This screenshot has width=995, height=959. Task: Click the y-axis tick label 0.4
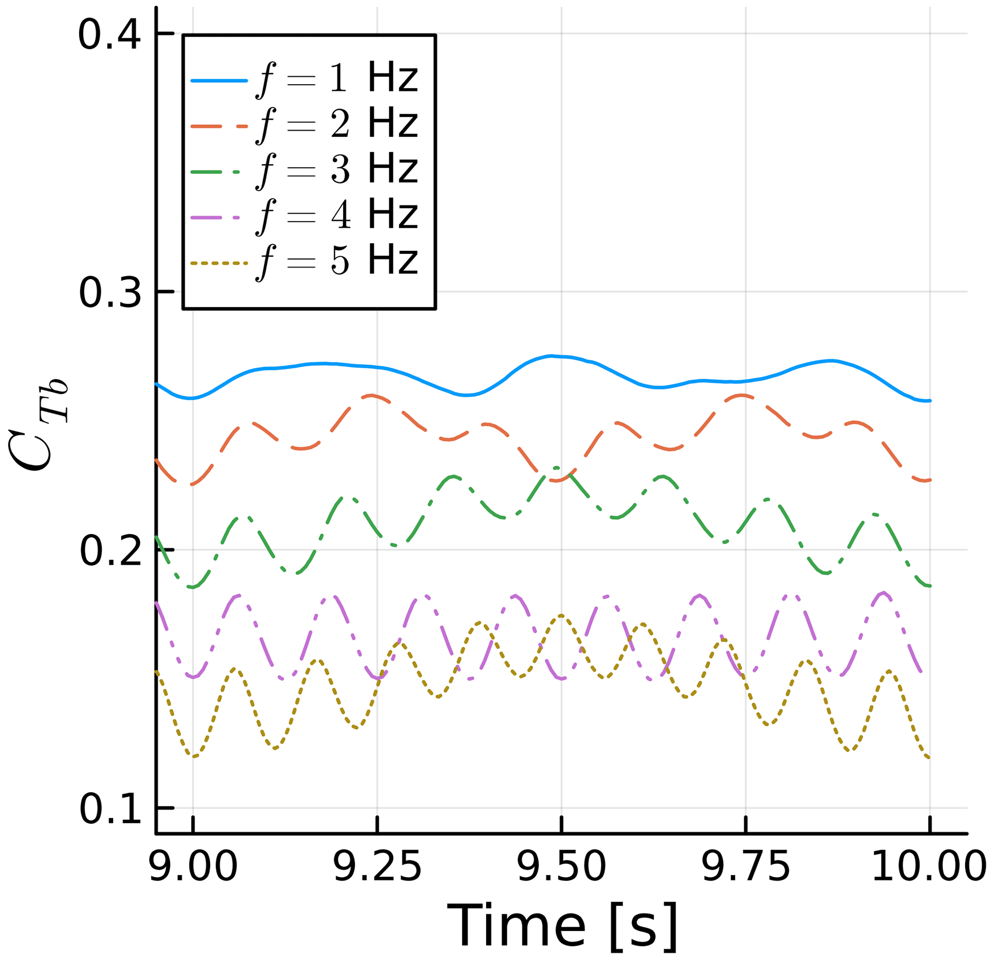point(109,36)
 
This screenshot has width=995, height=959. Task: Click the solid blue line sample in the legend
point(219,81)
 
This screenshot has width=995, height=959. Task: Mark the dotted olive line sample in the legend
point(219,263)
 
